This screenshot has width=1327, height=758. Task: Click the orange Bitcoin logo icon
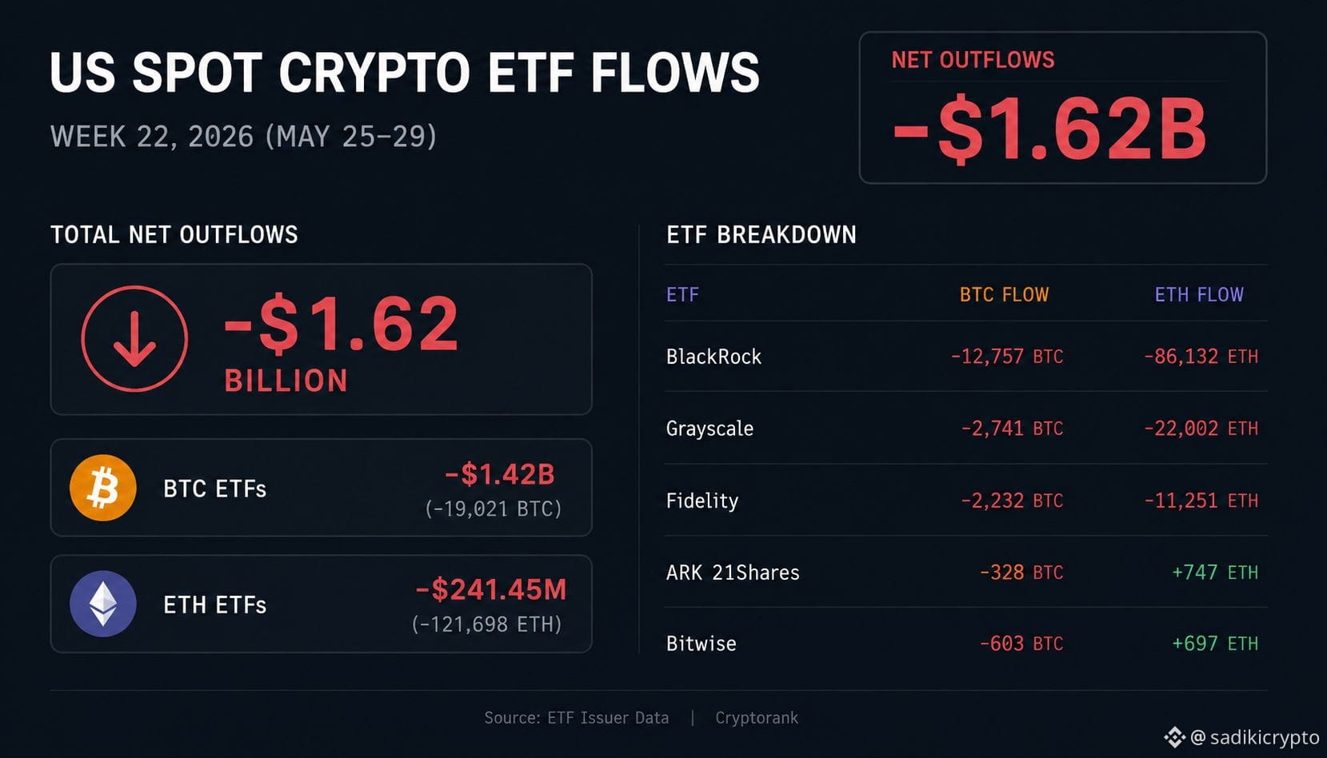103,488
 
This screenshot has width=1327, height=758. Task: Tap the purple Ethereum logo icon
103,604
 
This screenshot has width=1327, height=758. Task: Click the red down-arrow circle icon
134,339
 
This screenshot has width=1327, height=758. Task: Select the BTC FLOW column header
1004,294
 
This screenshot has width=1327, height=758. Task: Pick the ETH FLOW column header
1199,294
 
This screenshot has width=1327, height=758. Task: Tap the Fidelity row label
702,501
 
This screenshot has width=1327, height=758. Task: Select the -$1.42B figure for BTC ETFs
499,473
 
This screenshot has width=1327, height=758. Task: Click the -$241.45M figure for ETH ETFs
491,589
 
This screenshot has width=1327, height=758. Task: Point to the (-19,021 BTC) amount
494,509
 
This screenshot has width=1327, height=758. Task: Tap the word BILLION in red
286,380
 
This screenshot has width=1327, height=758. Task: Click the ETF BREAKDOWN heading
761,234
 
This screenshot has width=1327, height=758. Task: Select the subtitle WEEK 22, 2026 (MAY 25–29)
243,137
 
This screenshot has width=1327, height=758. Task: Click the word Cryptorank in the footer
757,718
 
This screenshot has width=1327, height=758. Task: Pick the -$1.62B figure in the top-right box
1049,129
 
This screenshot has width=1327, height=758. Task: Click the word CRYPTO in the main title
374,72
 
